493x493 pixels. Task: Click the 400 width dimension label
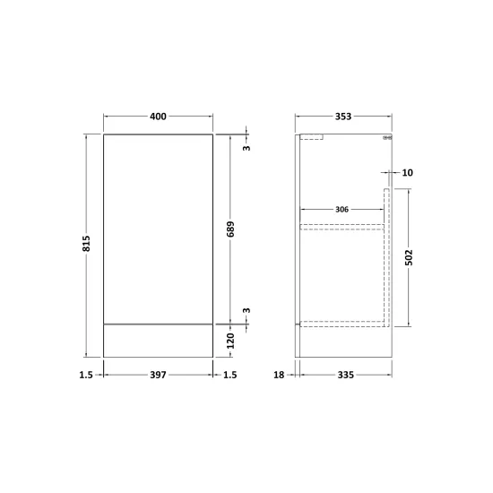point(158,117)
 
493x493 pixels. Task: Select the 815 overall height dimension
point(86,243)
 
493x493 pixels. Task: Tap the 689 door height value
point(230,229)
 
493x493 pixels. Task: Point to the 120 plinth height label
point(230,342)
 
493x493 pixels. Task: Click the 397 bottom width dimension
point(158,375)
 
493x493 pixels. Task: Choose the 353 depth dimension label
point(343,117)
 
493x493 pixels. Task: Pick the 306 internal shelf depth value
point(342,210)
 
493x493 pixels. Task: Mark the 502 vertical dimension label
point(409,257)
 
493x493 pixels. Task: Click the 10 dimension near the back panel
point(408,173)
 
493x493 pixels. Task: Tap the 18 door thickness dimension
point(279,375)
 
